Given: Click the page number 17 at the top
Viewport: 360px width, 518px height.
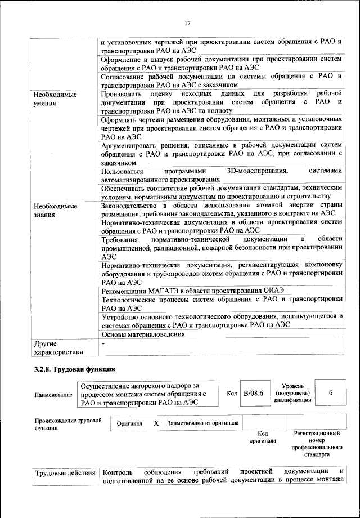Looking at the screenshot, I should pyautogui.click(x=188, y=23).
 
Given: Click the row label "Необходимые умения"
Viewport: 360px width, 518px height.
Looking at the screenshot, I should pyautogui.click(x=55, y=99).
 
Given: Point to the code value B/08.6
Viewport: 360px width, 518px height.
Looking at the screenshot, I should pyautogui.click(x=254, y=393).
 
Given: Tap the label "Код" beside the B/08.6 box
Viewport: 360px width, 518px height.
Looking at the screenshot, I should pyautogui.click(x=232, y=393).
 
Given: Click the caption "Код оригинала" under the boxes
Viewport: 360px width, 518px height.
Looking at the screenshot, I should pyautogui.click(x=262, y=437).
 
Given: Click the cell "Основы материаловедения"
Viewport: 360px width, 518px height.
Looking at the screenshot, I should pyautogui.click(x=143, y=334).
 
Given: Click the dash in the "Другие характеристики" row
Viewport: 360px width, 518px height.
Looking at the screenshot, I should pyautogui.click(x=103, y=342).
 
